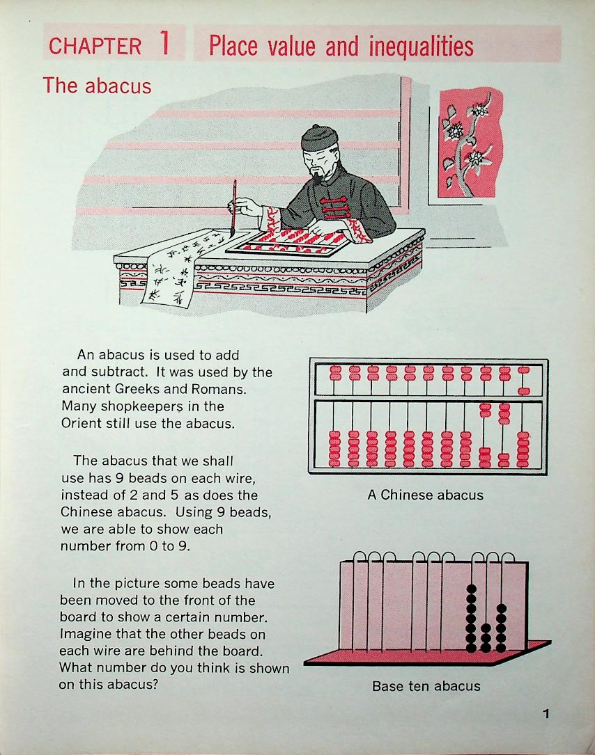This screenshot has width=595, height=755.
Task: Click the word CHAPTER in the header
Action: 95,47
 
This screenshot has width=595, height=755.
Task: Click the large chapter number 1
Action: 164,44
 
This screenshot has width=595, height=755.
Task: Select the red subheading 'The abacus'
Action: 97,86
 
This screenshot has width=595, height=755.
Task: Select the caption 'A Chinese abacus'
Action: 425,495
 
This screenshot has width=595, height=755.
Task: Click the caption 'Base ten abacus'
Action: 426,686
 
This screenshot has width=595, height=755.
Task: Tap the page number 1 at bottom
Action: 546,713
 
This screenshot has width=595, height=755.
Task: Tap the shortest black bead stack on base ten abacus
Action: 486,638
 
